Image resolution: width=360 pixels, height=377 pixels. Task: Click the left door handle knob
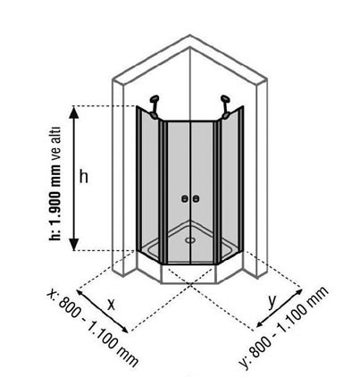pyautogui.click(x=185, y=198)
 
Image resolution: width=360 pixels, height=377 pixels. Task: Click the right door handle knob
pyautogui.click(x=196, y=198)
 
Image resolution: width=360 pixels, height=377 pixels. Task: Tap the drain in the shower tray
pyautogui.click(x=189, y=239)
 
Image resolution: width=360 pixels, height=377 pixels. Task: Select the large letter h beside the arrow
pyautogui.click(x=84, y=177)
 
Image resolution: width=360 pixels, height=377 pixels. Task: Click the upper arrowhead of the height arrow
pyautogui.click(x=74, y=113)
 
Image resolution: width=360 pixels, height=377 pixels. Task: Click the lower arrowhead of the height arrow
pyautogui.click(x=74, y=245)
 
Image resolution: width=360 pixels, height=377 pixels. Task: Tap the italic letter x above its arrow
pyautogui.click(x=111, y=304)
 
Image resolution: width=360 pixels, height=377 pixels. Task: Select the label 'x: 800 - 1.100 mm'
pyautogui.click(x=92, y=328)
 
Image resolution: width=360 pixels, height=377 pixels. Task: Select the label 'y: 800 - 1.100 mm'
pyautogui.click(x=284, y=328)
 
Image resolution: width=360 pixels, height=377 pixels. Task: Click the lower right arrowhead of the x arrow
pyautogui.click(x=124, y=329)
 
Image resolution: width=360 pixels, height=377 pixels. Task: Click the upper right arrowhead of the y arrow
pyautogui.click(x=298, y=292)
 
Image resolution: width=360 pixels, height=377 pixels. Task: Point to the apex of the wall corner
pyautogui.click(x=190, y=35)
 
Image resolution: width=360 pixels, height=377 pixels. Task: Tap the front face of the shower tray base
pyautogui.click(x=188, y=273)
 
